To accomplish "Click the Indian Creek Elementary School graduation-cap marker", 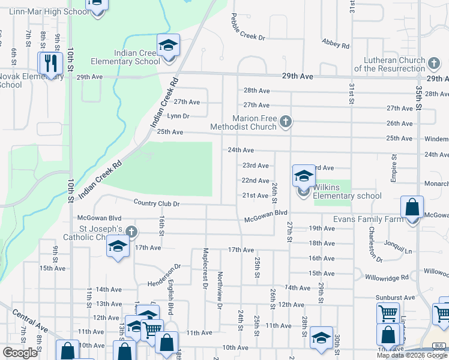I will pyautogui.click(x=169, y=46).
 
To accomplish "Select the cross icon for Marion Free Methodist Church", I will pyautogui.click(x=286, y=122).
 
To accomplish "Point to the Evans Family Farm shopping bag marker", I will pyautogui.click(x=412, y=208).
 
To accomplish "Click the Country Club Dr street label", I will pyautogui.click(x=157, y=203).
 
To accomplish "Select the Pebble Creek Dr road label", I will pyautogui.click(x=247, y=28).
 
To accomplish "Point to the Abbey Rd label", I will pyautogui.click(x=336, y=43).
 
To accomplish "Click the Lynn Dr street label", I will pyautogui.click(x=178, y=116).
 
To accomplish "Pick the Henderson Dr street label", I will pyautogui.click(x=164, y=275).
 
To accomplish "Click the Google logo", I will pyautogui.click(x=20, y=353).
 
